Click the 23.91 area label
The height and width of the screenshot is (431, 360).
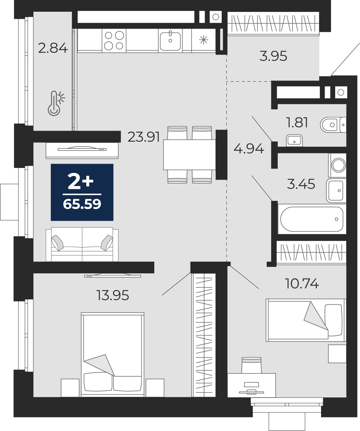pos(144,137)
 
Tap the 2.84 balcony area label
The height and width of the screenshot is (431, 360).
pos(53,48)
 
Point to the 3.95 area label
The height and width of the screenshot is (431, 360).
pos(273,56)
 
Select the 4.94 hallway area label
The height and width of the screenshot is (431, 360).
pos(249,149)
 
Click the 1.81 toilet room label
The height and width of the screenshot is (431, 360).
pos(297,122)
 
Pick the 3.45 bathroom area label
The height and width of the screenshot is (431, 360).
pos(301,184)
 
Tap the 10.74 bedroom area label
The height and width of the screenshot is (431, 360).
pos(302,283)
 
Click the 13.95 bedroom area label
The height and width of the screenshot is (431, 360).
pos(112,295)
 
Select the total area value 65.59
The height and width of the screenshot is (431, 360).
pos(82,204)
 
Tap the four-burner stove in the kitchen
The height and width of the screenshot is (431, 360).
pos(114,40)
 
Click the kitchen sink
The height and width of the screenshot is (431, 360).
pos(170,41)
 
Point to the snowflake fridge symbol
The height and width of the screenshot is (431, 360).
pos(204,40)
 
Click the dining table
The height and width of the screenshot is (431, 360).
pos(189,155)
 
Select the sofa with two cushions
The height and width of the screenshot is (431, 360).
pos(82,244)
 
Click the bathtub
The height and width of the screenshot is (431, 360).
pos(312,219)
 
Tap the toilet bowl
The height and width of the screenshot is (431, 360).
pos(333,125)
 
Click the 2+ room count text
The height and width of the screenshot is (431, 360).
pos(81,181)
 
